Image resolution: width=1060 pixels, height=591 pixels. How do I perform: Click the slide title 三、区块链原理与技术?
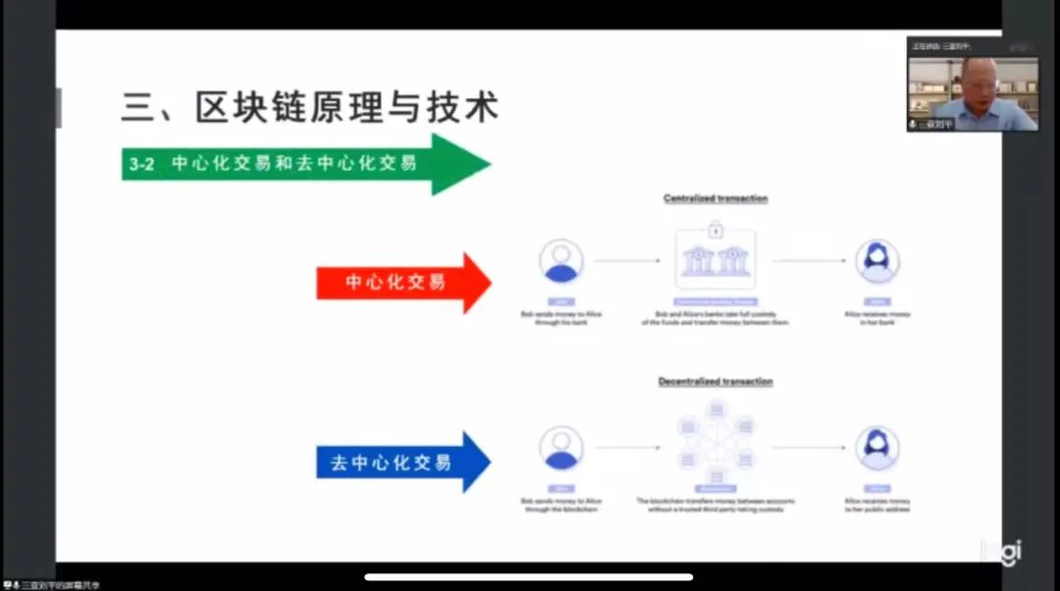click(309, 106)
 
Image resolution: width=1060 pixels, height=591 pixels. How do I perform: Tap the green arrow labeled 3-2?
click(304, 164)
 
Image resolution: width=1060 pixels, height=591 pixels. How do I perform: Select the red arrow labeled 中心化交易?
click(402, 283)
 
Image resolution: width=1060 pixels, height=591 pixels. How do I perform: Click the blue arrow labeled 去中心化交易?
click(402, 461)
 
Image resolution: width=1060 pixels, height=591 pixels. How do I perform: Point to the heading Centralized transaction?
click(715, 198)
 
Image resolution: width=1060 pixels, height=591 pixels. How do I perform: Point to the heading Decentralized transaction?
click(715, 381)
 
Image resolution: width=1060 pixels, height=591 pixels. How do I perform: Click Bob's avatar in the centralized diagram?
click(561, 261)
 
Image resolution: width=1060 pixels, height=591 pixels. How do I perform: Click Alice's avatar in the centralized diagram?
click(876, 261)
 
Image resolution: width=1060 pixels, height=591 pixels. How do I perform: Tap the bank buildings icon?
click(715, 261)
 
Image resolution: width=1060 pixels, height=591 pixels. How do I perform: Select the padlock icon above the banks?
click(715, 231)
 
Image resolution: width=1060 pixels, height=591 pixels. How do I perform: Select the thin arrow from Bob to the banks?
click(627, 261)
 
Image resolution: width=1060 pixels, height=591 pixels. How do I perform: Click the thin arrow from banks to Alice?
click(809, 261)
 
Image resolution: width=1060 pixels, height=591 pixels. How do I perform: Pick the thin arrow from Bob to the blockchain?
click(627, 448)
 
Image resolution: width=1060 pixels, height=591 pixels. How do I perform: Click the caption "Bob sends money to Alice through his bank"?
click(561, 317)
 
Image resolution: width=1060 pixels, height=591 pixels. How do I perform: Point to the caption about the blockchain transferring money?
click(715, 506)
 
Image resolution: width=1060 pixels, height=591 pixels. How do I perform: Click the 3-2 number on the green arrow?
click(141, 164)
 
